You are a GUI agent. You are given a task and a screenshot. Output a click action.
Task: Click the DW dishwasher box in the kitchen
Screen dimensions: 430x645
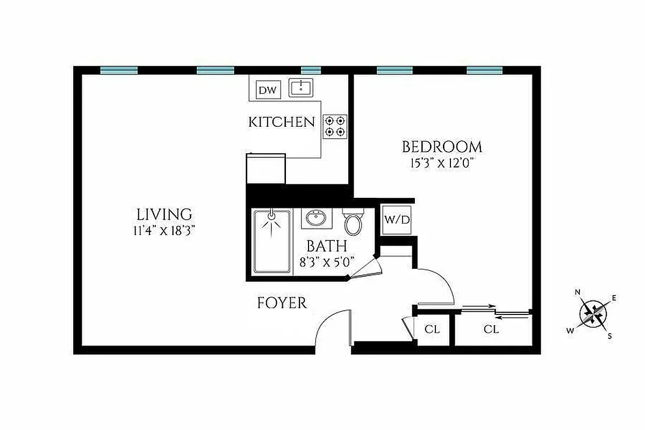point(267,90)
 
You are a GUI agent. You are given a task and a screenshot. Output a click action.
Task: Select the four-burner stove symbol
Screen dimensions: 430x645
point(335,126)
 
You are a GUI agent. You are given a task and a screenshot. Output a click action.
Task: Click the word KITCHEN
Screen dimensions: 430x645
point(281,122)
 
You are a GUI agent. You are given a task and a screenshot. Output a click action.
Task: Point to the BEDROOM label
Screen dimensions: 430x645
point(442,147)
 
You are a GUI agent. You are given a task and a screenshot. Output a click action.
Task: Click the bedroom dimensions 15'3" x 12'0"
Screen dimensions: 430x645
point(442,163)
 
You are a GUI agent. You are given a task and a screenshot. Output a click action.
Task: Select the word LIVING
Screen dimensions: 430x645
point(164,214)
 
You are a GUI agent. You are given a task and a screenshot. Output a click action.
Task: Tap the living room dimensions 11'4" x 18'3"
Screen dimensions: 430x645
point(164,231)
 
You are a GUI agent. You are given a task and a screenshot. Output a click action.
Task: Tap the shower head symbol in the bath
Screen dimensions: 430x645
point(271,216)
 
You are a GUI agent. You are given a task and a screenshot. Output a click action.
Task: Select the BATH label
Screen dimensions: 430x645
point(326,246)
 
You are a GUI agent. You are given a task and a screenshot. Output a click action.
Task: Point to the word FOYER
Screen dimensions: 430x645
point(282,303)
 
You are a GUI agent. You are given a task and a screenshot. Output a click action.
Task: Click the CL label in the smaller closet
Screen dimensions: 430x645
point(432,329)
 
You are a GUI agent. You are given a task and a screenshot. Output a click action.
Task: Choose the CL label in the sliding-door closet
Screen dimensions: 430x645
point(491,329)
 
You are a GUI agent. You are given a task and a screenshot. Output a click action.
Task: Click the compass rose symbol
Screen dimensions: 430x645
point(593,313)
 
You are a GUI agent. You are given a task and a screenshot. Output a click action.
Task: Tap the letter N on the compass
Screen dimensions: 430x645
point(578,292)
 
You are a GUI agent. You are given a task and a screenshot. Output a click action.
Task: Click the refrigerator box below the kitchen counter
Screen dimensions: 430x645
point(266,169)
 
